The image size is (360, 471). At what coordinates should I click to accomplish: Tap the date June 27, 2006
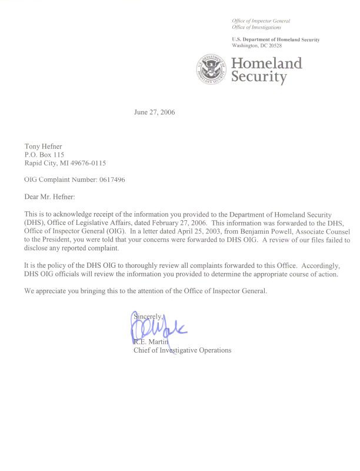[155, 112]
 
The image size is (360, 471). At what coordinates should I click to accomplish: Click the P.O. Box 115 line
[44, 154]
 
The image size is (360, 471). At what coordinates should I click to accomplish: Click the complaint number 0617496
[109, 179]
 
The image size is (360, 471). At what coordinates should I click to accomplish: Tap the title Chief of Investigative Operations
[183, 350]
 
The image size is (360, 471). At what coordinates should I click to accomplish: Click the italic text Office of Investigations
[256, 27]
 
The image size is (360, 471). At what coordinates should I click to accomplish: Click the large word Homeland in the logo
[266, 63]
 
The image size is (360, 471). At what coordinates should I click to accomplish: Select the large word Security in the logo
[259, 77]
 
